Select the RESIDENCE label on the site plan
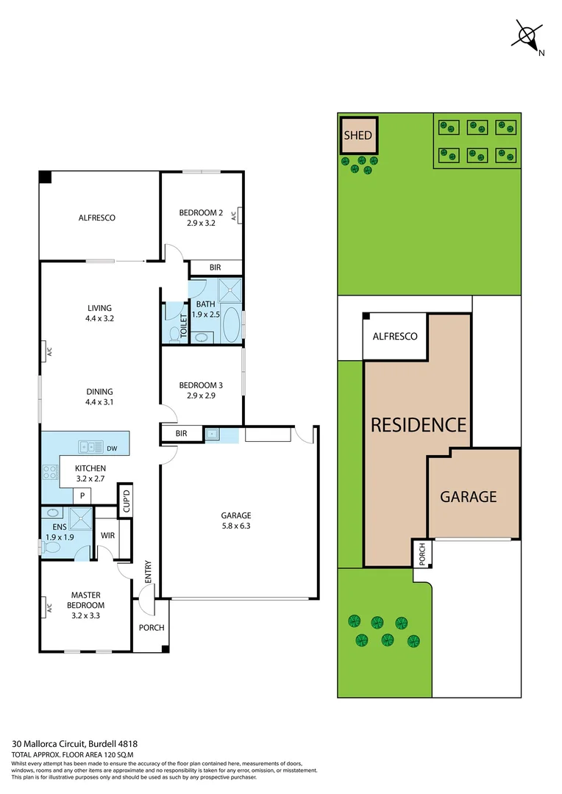click(418, 425)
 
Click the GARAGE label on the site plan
click(469, 497)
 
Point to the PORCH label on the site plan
click(422, 554)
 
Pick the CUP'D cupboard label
click(126, 501)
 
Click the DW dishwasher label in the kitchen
click(112, 448)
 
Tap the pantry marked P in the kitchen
click(82, 496)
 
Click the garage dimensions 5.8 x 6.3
click(237, 526)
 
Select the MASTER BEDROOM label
click(85, 601)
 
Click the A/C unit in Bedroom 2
click(237, 215)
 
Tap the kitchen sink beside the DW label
click(91, 446)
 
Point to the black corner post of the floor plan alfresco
click(45, 177)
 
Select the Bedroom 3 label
click(201, 385)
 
